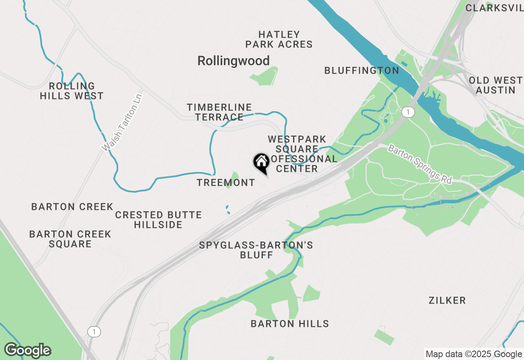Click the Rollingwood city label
(233, 61)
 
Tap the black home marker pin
(261, 162)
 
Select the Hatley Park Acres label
(279, 39)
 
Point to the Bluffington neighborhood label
(361, 71)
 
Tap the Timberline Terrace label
(219, 112)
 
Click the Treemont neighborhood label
(226, 183)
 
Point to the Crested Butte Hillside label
(158, 220)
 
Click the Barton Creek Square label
(70, 239)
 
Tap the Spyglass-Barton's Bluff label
(256, 250)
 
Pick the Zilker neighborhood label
(447, 301)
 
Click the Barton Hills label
(290, 324)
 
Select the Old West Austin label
(496, 85)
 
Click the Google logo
(27, 351)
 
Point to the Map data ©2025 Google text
(473, 354)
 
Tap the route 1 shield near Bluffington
(407, 112)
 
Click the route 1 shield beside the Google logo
(94, 332)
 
